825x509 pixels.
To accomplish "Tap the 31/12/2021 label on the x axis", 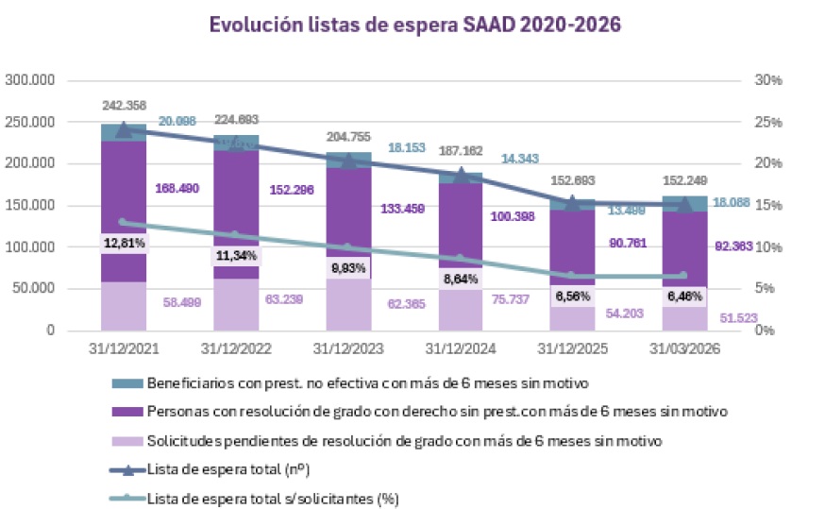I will coord(125,348).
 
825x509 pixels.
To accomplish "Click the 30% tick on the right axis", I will coord(769,80).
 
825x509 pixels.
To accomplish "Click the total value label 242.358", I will coord(125,105).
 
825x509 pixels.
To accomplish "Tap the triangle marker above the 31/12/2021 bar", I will coord(124,130).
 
